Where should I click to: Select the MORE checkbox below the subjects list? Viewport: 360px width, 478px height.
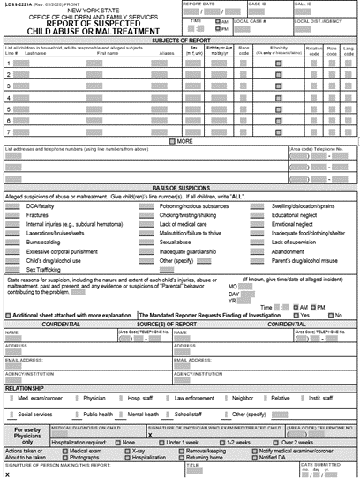172,140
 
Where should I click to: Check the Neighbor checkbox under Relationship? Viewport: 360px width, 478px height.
225,398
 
